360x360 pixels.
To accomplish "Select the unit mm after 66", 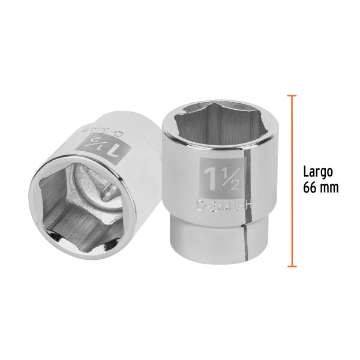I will [329, 187].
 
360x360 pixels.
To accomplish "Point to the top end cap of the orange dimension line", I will [292, 95].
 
